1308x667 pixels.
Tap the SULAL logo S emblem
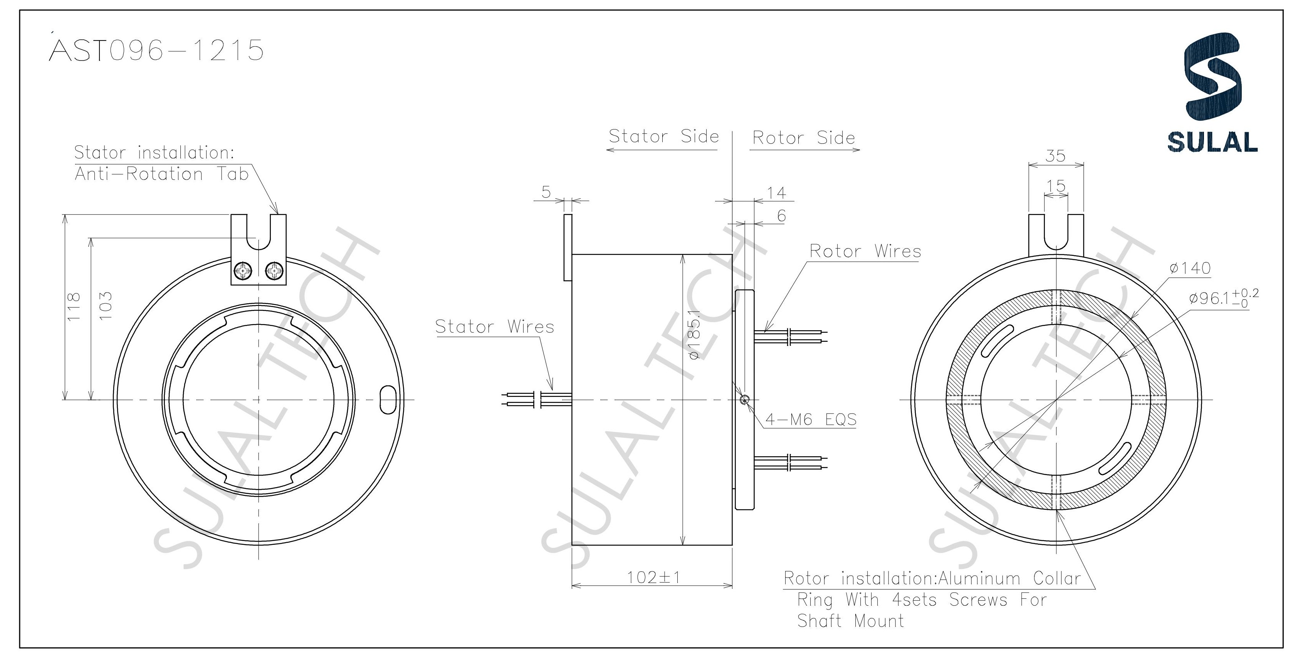1212,84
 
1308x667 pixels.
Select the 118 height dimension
74,306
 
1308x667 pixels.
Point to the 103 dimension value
105,306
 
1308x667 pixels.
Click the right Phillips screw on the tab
275,271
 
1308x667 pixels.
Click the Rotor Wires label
865,251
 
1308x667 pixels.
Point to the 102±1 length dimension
653,578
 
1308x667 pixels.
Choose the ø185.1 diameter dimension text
695,335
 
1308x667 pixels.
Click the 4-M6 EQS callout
810,420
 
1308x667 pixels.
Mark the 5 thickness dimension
546,192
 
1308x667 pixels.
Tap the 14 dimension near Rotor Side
776,193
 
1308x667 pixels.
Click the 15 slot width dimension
1056,186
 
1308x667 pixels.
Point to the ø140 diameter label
1190,268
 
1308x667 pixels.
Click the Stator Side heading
664,136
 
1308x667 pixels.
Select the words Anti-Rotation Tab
161,174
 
